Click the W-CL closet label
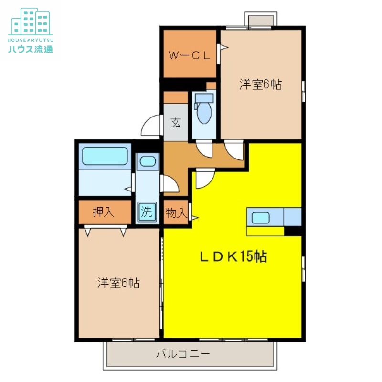(x=190, y=55)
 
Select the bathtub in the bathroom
(x=105, y=156)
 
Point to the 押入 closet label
(x=104, y=212)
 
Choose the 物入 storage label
(x=176, y=212)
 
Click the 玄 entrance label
(x=176, y=123)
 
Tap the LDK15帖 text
(x=233, y=256)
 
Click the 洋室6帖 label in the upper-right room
(x=260, y=85)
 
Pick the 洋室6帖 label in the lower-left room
(x=118, y=283)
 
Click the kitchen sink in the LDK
(x=261, y=218)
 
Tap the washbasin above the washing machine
(x=148, y=161)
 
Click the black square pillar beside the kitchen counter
(x=293, y=231)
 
